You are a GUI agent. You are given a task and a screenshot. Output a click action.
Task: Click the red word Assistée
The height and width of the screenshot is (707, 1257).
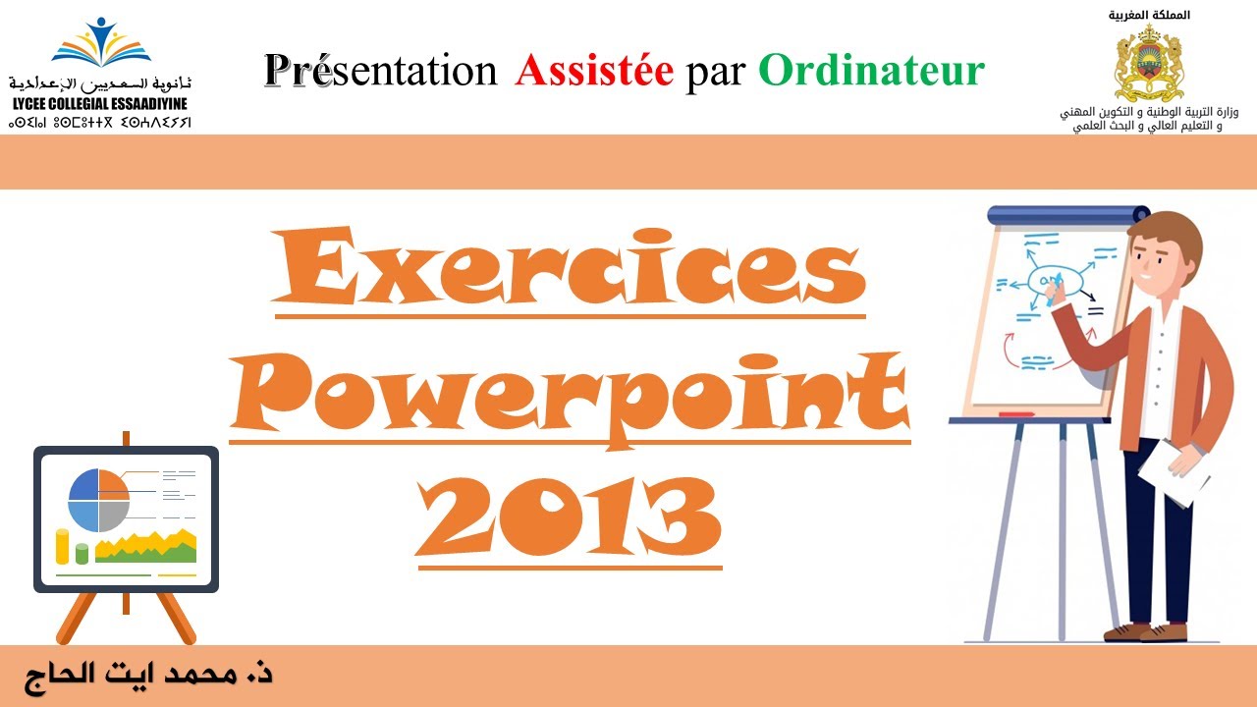tap(594, 71)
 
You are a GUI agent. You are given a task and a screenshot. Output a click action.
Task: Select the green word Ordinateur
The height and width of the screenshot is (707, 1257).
tap(871, 71)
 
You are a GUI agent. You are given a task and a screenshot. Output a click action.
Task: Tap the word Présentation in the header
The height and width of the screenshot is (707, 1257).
tap(381, 71)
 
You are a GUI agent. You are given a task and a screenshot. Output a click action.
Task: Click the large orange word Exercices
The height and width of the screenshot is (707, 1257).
tap(570, 268)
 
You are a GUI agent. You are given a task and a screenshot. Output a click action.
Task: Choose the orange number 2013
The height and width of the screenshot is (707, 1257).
tap(570, 516)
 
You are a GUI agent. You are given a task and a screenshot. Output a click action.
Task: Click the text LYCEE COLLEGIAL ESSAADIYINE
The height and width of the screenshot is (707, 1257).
tap(100, 104)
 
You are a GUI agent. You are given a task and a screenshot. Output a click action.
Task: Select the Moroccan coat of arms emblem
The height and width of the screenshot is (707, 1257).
tap(1148, 64)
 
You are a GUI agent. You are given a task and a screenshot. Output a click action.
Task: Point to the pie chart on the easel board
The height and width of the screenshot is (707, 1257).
tap(98, 500)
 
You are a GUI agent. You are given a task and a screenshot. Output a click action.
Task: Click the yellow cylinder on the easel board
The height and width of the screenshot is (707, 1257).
tap(63, 546)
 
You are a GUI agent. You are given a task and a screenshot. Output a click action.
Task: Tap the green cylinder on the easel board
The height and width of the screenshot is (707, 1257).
tap(82, 554)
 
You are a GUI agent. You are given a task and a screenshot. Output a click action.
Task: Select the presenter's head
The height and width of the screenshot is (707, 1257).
tap(1166, 252)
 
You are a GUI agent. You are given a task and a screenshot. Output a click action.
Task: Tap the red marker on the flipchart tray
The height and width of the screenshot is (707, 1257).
tap(1015, 415)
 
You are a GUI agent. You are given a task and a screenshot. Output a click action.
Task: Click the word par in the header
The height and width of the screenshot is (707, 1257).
tap(715, 71)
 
